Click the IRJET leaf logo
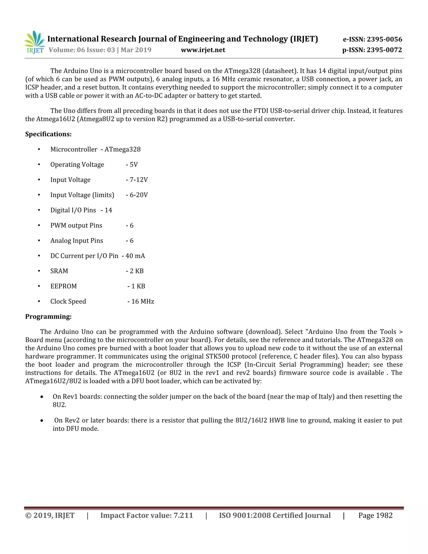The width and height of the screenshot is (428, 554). tap(35, 42)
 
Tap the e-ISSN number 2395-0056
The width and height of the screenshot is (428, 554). tap(384, 39)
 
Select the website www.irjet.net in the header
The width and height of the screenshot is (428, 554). tap(203, 50)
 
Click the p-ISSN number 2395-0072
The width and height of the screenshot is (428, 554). tap(384, 50)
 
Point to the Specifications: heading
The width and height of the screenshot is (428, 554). tap(48, 134)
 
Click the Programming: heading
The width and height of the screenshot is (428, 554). tap(48, 317)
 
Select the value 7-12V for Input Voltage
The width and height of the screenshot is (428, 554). tap(138, 180)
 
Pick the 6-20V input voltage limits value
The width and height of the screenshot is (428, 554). tap(138, 195)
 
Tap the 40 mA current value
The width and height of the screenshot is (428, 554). tap(135, 256)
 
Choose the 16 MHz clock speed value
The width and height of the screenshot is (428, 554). tap(143, 302)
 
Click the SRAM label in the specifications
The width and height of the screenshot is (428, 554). tap(59, 271)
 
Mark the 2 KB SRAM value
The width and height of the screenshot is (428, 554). tap(136, 271)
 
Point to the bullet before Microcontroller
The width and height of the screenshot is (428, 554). tap(39, 149)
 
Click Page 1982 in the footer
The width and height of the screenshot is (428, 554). tap(375, 516)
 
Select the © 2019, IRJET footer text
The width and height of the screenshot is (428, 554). tap(50, 516)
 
